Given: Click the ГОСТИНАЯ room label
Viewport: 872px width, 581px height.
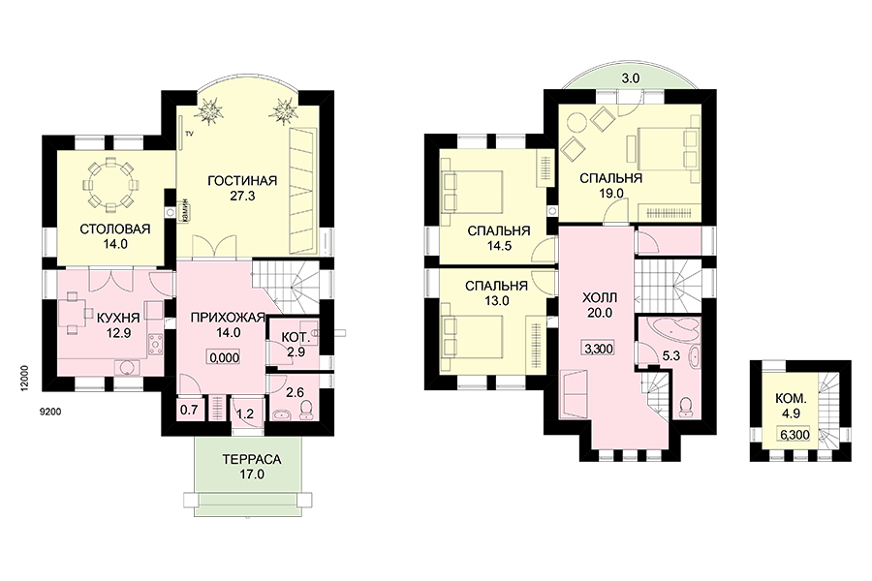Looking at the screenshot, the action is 242,181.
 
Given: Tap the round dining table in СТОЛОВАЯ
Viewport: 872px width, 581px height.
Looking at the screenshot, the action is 110,184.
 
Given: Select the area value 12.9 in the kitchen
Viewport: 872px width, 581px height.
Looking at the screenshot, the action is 118,333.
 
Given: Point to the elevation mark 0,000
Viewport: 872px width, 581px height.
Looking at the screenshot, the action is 224,357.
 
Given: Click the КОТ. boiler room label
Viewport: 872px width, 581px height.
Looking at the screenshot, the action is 296,338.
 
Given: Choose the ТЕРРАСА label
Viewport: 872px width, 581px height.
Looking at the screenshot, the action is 252,460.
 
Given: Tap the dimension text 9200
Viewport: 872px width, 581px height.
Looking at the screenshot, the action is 50,412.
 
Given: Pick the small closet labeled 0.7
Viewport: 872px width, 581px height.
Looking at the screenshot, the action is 190,411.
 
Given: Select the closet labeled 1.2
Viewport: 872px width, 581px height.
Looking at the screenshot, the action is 245,413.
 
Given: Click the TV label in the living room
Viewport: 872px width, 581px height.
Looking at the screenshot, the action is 189,134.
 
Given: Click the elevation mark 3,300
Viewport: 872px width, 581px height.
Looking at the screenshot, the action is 599,349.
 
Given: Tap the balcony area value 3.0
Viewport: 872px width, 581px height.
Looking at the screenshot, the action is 630,78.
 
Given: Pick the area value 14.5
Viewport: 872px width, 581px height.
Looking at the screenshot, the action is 499,246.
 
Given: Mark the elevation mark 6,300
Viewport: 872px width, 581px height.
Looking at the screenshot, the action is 794,434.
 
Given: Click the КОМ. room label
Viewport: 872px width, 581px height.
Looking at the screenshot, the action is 791,399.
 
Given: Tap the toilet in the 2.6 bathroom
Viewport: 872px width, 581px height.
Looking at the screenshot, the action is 305,410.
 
